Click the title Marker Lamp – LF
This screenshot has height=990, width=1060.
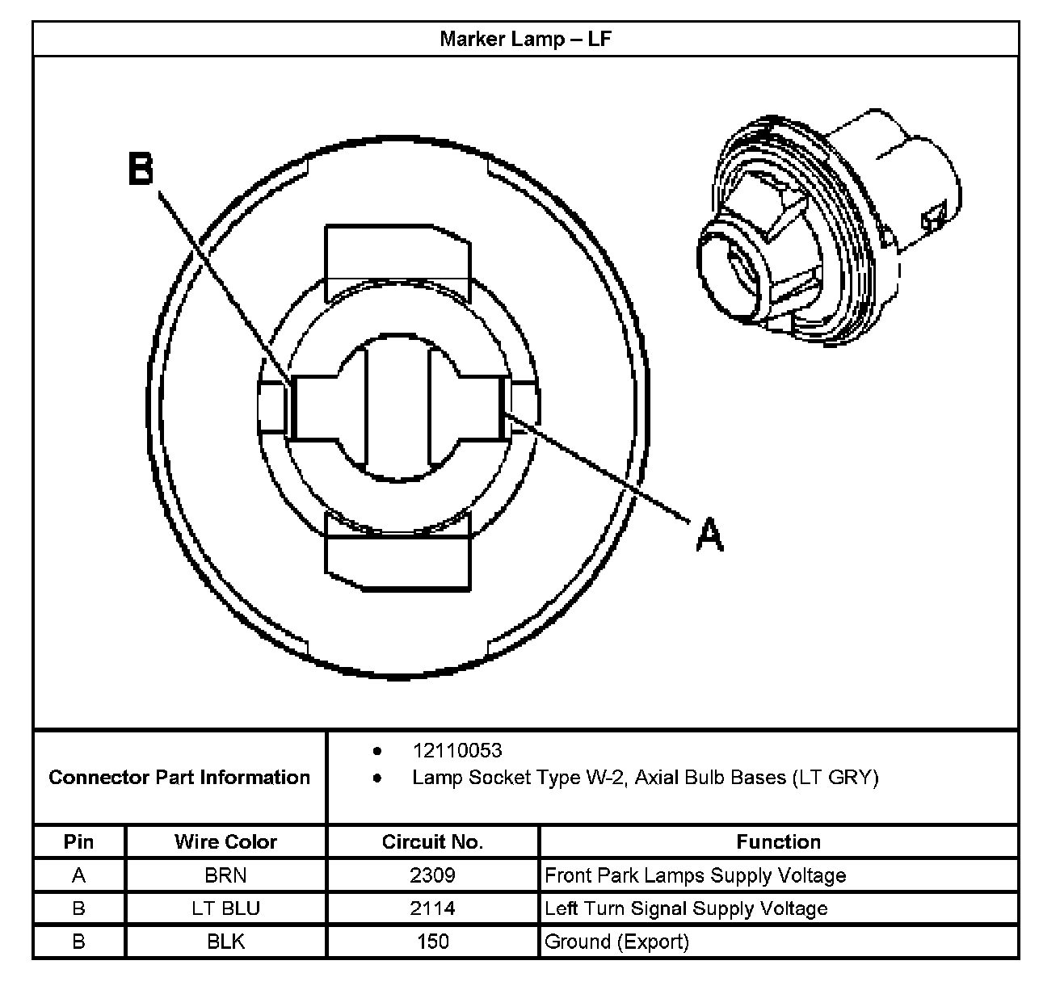[x=525, y=40]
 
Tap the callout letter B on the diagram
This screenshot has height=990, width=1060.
[x=141, y=170]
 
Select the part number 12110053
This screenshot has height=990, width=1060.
[x=456, y=751]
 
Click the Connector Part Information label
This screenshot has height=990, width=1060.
[x=179, y=778]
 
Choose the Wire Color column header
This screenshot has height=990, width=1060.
[x=225, y=842]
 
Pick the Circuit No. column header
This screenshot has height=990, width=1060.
[x=432, y=842]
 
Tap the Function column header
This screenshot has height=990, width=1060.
[x=778, y=842]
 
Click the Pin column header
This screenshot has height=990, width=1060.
[x=78, y=842]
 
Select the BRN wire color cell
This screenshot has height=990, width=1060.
[x=225, y=875]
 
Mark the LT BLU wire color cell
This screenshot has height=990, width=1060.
[x=225, y=908]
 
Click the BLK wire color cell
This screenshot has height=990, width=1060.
[x=225, y=942]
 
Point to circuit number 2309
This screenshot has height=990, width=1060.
[x=432, y=875]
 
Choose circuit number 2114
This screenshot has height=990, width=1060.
[x=432, y=908]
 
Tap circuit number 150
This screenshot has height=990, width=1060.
[x=432, y=942]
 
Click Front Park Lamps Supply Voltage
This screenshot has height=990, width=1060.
[x=696, y=875]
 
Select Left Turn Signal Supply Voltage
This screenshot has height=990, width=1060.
[x=686, y=908]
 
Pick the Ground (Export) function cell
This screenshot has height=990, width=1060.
[x=616, y=942]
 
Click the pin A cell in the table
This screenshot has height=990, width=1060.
[x=78, y=875]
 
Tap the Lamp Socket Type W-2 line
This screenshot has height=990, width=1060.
[x=645, y=778]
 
